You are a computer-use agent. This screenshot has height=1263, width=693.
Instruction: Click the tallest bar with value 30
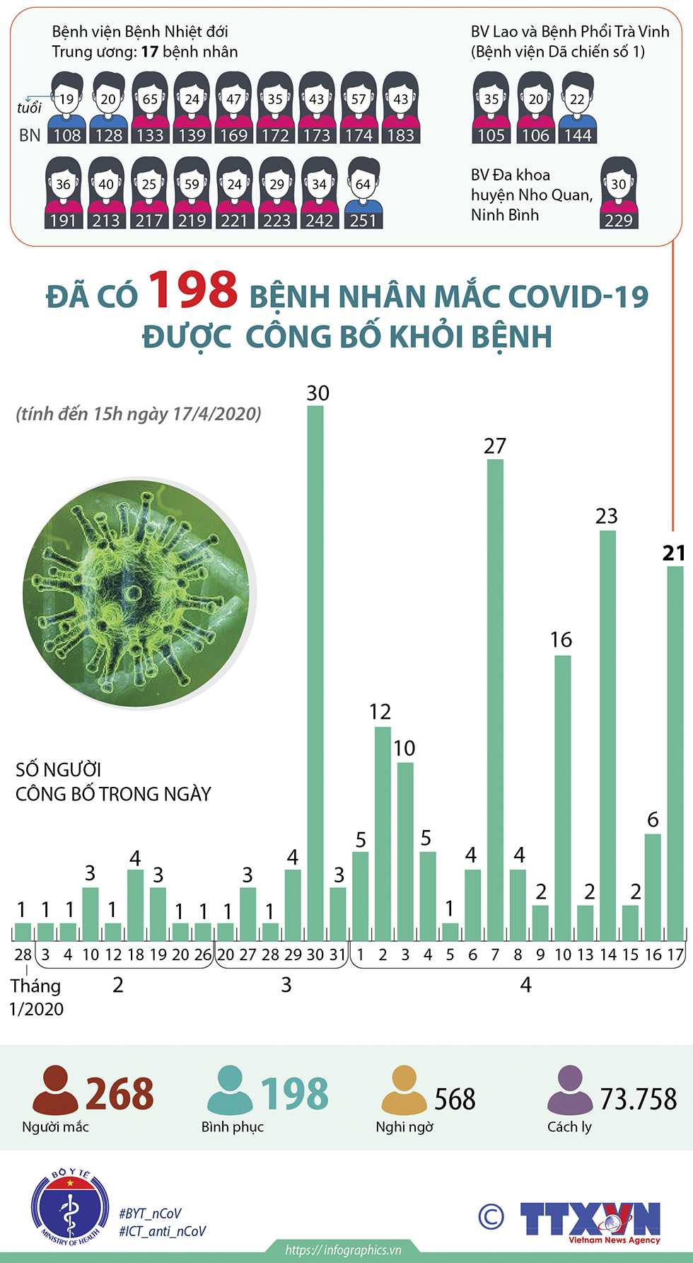[315, 672]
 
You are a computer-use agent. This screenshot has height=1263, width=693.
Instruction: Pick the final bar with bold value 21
[675, 753]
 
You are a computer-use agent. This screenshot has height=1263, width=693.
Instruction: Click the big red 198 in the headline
[193, 291]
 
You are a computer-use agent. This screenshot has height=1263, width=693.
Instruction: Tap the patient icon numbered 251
[363, 192]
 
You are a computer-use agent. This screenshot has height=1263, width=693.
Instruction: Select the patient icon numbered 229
[619, 192]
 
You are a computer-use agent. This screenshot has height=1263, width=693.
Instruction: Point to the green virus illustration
[137, 593]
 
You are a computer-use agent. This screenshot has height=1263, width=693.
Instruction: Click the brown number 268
[120, 1094]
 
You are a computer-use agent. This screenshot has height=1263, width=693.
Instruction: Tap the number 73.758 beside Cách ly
[638, 1099]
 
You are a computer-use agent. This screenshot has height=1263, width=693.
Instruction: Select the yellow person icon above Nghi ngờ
[404, 1090]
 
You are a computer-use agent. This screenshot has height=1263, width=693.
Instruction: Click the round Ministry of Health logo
[69, 1209]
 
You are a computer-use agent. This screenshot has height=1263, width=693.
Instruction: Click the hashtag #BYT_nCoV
[150, 1213]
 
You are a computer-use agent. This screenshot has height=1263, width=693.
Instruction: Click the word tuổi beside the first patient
[30, 108]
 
